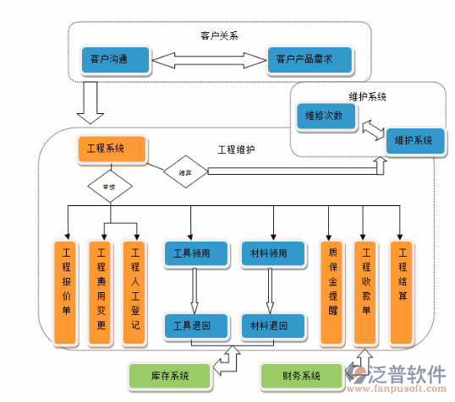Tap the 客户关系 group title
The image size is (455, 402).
point(219,35)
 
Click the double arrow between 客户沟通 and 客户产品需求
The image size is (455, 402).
point(209,60)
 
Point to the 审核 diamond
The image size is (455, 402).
point(110,186)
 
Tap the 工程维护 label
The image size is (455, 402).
point(236,149)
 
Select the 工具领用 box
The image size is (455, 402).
point(195,253)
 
